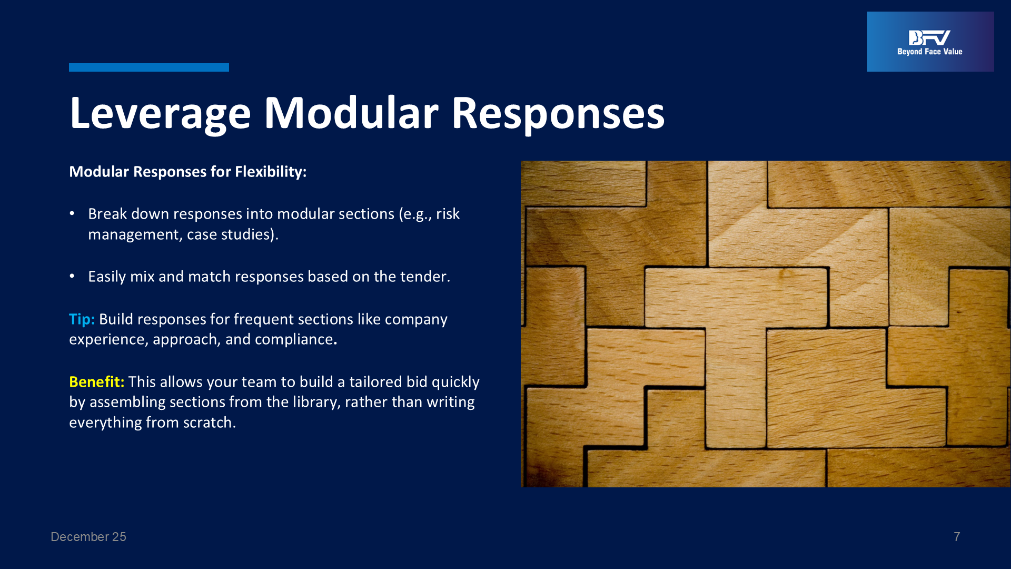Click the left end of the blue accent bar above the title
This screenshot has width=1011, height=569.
click(69, 67)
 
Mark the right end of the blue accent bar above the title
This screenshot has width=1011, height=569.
click(229, 67)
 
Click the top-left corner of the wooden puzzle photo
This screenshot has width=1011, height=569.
click(521, 161)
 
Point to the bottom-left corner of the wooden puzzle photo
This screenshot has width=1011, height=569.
click(521, 487)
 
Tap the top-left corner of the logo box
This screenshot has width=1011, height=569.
click(867, 12)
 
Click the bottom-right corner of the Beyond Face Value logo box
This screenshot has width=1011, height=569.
click(994, 72)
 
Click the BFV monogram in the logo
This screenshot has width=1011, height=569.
click(929, 38)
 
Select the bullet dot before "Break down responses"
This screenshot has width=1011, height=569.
click(72, 213)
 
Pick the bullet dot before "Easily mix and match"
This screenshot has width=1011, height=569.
click(72, 276)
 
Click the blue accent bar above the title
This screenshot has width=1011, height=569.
click(149, 67)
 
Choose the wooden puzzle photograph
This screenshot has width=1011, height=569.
click(766, 324)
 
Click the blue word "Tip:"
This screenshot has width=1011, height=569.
click(82, 319)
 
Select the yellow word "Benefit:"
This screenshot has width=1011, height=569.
click(97, 381)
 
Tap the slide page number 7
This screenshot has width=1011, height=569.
click(957, 537)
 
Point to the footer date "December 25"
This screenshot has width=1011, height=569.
click(88, 537)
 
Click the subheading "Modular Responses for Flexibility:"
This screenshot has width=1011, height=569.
click(188, 172)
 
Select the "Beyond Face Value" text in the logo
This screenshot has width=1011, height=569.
click(930, 52)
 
